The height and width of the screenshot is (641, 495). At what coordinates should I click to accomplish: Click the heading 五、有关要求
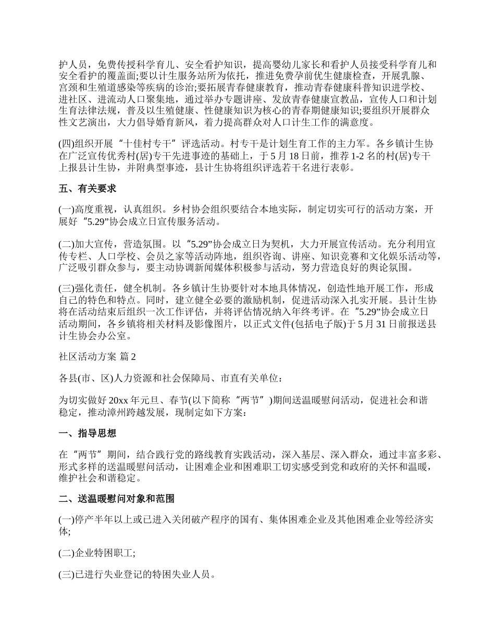[87, 189]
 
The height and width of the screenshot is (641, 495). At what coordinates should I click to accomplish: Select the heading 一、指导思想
[87, 434]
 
